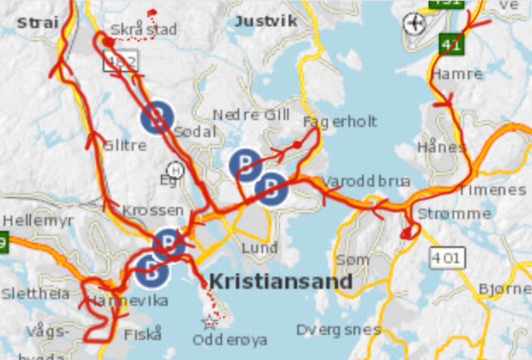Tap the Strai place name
coord(37,23)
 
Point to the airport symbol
coord(414,23)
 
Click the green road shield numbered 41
coord(452,44)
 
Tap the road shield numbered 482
coord(121,62)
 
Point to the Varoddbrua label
coord(365,181)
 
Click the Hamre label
coord(457,74)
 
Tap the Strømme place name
coord(454,214)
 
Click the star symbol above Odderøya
coord(209,321)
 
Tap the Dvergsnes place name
coord(338,330)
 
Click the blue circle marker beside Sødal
coord(157,118)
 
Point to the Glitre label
coord(125,145)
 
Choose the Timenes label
coord(492,190)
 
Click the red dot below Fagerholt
coord(297,144)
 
